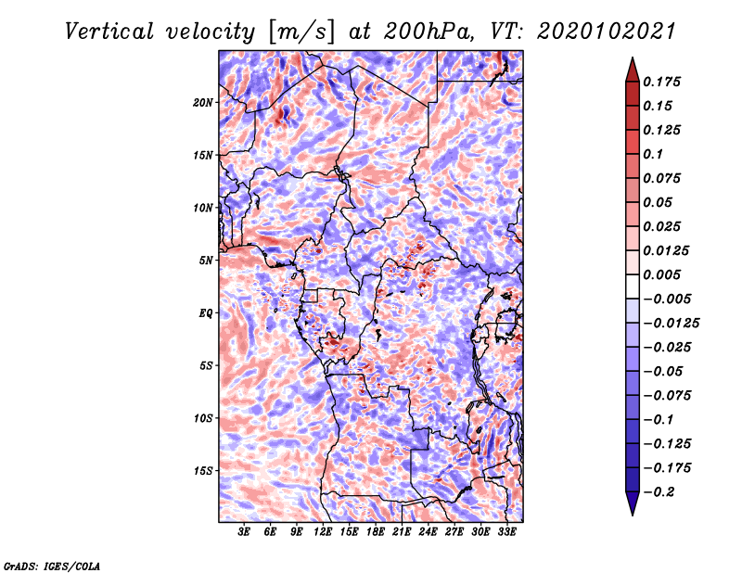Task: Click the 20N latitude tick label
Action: click(x=203, y=103)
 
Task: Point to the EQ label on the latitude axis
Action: click(x=205, y=313)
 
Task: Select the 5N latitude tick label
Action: click(x=206, y=261)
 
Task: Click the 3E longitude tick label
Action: click(x=244, y=532)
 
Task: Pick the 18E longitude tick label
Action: click(x=376, y=532)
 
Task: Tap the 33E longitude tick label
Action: click(x=506, y=532)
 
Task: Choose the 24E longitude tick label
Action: click(x=428, y=532)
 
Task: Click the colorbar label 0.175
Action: click(x=661, y=82)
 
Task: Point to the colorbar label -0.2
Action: click(x=659, y=492)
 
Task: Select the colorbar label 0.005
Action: click(x=661, y=274)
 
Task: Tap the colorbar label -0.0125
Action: click(x=671, y=324)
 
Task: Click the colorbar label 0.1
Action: click(x=653, y=154)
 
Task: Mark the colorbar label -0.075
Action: click(x=667, y=396)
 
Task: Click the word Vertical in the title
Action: click(x=109, y=32)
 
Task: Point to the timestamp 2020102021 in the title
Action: click(x=607, y=32)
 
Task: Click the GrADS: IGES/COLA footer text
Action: click(x=52, y=567)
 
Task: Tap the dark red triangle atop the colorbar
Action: click(x=633, y=70)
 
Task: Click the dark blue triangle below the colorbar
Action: click(x=633, y=503)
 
